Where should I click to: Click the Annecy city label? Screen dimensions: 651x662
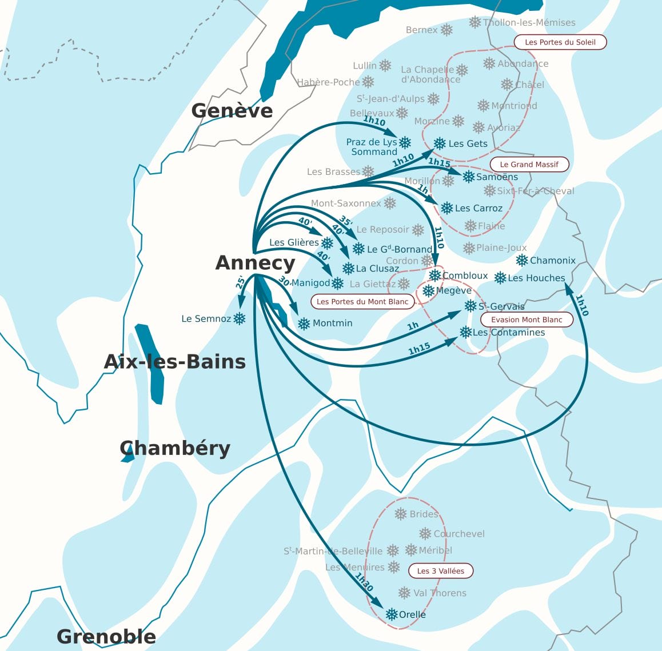coord(255,263)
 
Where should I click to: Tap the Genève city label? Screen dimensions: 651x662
coord(232,110)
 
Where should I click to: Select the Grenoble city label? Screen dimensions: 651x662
coord(106,636)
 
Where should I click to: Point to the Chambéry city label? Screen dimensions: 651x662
coord(175,448)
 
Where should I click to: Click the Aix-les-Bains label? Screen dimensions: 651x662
coord(175,362)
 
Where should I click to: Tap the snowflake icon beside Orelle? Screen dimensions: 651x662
coord(392,614)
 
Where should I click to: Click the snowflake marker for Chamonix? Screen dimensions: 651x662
coord(521,261)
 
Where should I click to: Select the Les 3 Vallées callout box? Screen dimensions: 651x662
coord(440,570)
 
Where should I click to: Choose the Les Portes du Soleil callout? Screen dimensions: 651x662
coord(560,42)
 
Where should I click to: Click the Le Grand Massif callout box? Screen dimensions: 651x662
coord(529,164)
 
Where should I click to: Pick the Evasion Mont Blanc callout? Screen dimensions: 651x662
coord(527,319)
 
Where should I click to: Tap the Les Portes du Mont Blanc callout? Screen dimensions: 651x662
coord(362,301)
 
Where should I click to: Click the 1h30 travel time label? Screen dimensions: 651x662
coord(364,582)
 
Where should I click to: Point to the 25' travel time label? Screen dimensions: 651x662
coord(240,282)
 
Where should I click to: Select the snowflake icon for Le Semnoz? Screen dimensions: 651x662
coord(240,318)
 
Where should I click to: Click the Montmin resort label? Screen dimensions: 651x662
coord(332,323)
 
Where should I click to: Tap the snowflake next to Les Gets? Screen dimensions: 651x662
coord(439,143)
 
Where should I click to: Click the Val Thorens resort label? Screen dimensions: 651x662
coord(440,593)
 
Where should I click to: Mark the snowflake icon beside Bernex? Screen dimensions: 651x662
coord(446,30)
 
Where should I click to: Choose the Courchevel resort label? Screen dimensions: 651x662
coord(458,534)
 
